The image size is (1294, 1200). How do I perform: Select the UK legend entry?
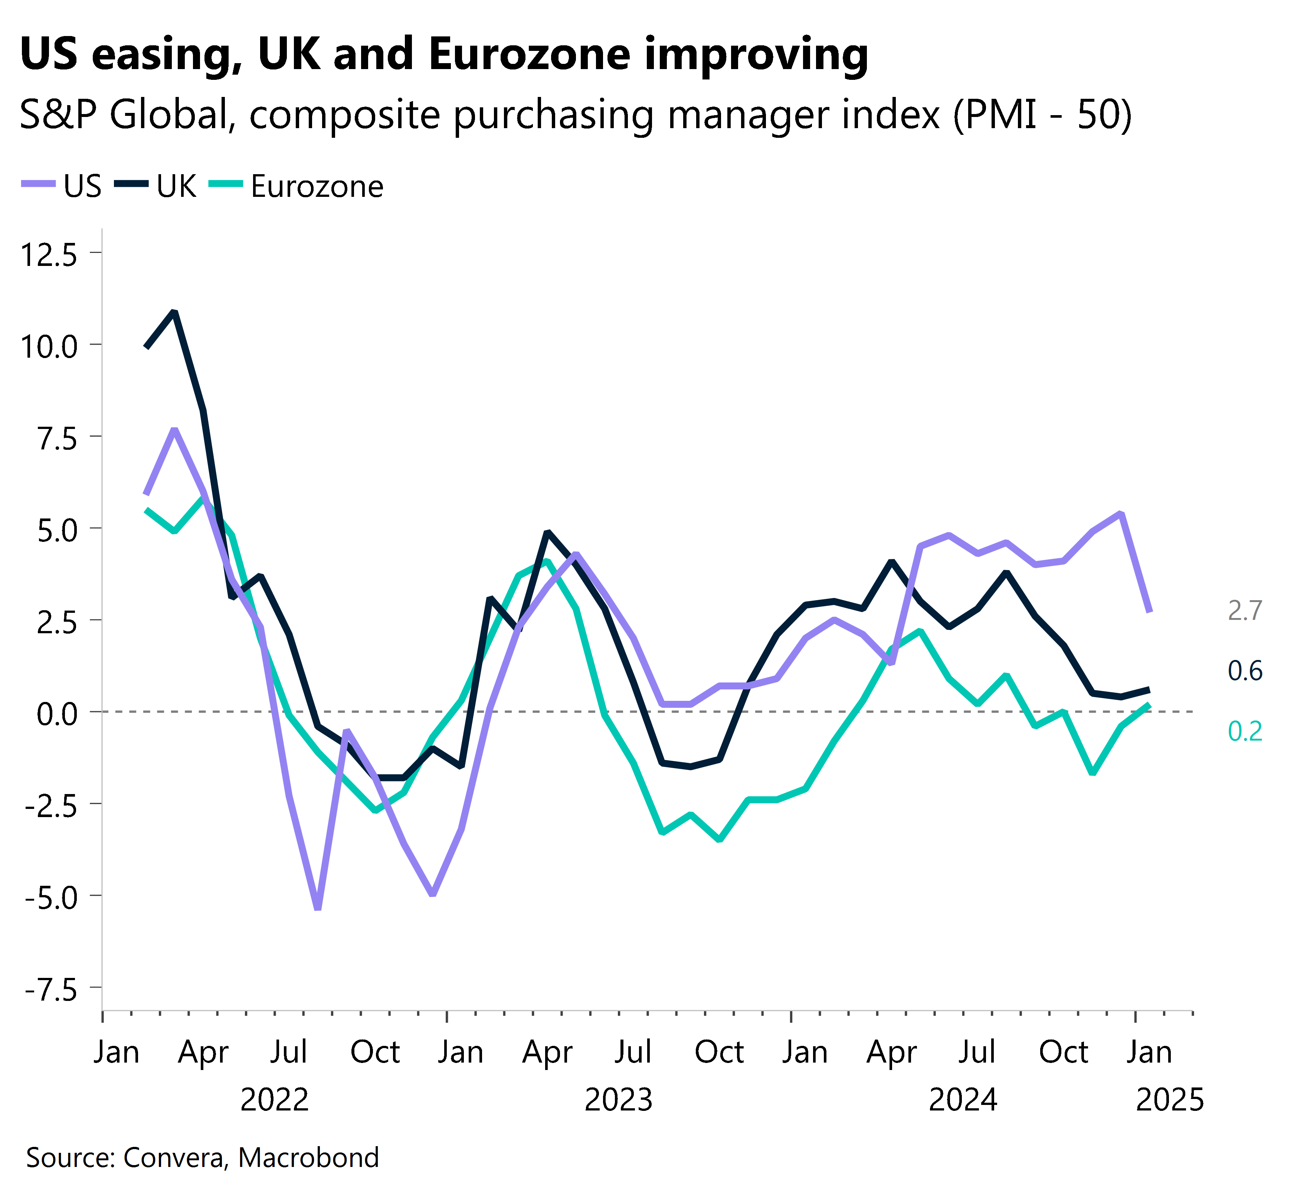coord(156,186)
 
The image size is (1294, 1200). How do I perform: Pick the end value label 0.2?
coord(1244,731)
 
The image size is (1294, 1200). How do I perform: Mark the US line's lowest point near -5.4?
coord(317,908)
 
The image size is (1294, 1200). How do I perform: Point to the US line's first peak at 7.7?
coord(174,429)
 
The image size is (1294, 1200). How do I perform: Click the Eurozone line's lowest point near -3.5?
coord(719,840)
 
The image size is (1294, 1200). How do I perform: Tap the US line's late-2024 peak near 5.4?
coord(1121,514)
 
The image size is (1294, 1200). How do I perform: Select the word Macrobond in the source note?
coord(308,1157)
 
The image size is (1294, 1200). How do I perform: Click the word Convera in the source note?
coord(174,1157)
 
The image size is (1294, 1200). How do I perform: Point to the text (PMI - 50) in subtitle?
coord(1042,115)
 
